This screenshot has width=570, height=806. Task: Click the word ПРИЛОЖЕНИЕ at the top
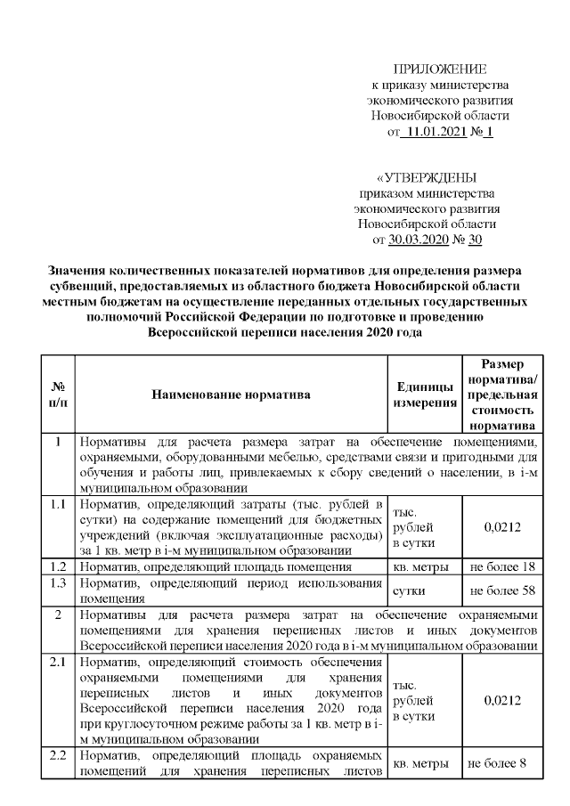[x=440, y=69]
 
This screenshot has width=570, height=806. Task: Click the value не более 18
[x=501, y=566]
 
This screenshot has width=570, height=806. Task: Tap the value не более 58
[x=501, y=590]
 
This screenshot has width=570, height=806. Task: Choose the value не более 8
[x=501, y=763]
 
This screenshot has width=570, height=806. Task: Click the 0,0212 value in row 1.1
[x=501, y=526]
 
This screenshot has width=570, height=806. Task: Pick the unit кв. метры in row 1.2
[x=424, y=566]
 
